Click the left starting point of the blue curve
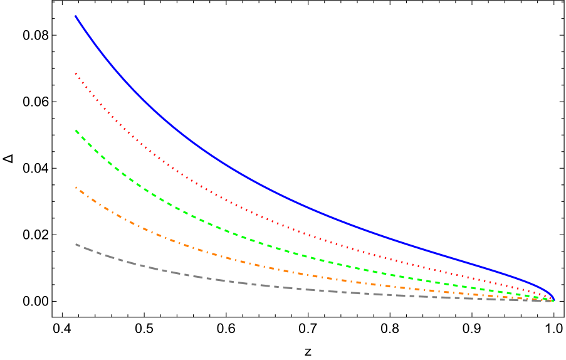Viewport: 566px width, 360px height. coord(75,16)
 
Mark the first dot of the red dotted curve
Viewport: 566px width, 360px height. coord(75,73)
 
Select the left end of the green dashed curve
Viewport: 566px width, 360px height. coord(75,130)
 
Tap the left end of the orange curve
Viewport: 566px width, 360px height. coord(75,187)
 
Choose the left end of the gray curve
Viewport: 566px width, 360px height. coord(76,244)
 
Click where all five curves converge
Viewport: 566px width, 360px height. coord(553,300)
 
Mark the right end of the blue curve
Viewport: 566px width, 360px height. coord(553,299)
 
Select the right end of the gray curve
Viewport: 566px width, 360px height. coord(552,301)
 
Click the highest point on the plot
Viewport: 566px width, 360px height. coord(75,16)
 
